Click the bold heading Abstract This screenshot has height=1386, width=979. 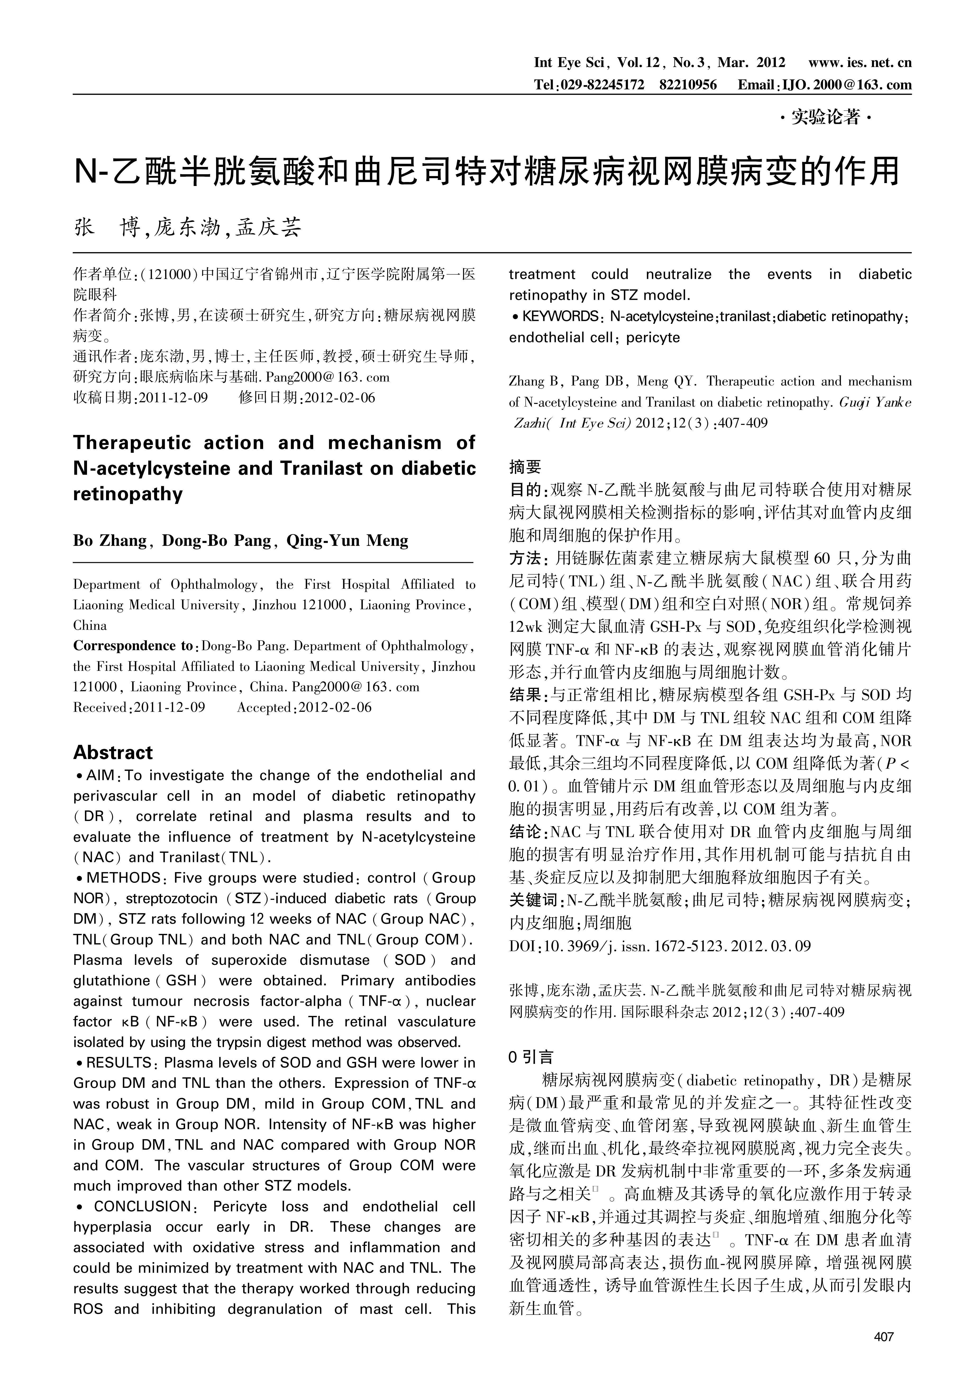coord(113,753)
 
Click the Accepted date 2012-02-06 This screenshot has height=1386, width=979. coord(335,707)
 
